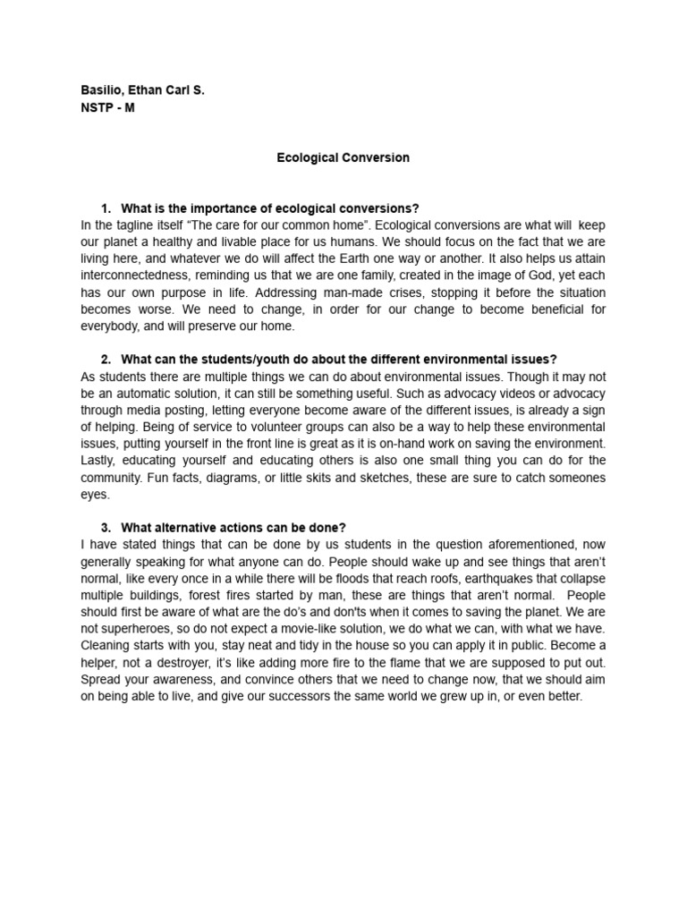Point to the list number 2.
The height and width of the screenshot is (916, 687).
click(x=106, y=359)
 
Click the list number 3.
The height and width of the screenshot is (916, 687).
click(x=106, y=527)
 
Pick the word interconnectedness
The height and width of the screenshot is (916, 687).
click(x=140, y=276)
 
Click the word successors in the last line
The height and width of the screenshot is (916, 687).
click(x=281, y=696)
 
